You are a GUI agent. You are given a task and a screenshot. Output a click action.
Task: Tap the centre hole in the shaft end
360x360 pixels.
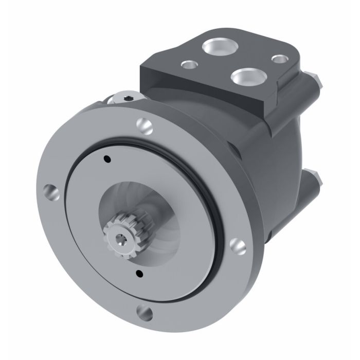point(120,238)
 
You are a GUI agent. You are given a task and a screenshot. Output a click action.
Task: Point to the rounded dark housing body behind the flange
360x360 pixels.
point(267,154)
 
